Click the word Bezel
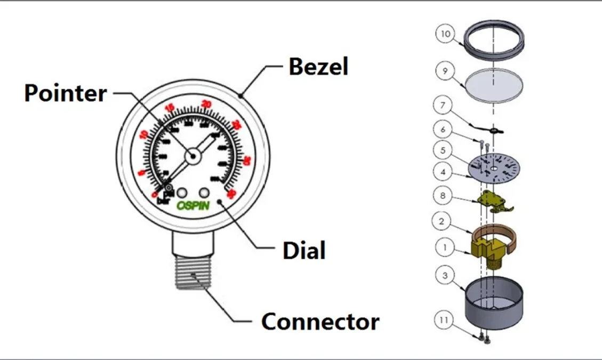click(318, 67)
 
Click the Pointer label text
click(66, 93)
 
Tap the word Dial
click(304, 250)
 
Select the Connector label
click(320, 322)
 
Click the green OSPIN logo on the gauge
click(193, 205)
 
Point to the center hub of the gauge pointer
click(192, 156)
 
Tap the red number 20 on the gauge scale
click(206, 104)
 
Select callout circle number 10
click(445, 34)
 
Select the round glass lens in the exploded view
click(494, 85)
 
